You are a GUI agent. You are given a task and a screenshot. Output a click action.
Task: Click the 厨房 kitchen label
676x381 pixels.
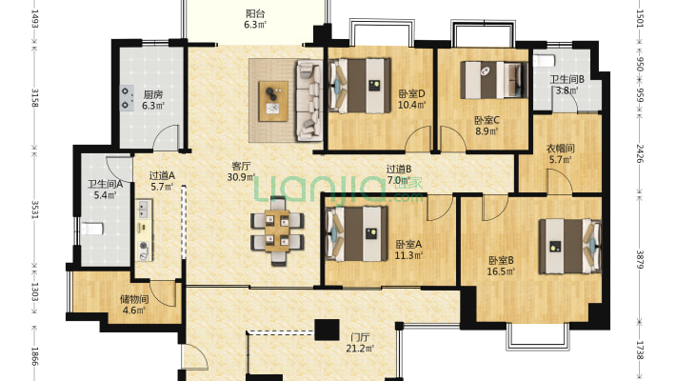tap(153, 94)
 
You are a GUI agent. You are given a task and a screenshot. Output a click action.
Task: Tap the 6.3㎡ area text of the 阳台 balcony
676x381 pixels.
tap(255, 25)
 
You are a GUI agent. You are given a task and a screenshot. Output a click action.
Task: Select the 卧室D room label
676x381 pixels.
tap(411, 93)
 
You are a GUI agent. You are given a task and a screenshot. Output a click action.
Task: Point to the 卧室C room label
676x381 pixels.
tap(487, 120)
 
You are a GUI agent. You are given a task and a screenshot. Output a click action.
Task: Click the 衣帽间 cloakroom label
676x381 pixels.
tap(560, 149)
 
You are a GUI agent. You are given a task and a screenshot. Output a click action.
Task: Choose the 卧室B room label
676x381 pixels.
tap(501, 261)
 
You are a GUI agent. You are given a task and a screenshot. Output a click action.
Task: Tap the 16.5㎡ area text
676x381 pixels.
tap(501, 271)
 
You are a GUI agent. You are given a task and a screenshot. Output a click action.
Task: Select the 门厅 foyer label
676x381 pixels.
tap(360, 337)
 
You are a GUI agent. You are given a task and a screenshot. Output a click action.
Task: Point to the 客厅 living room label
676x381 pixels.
tap(242, 166)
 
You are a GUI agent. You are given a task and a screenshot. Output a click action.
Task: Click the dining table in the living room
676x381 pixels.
tap(277, 231)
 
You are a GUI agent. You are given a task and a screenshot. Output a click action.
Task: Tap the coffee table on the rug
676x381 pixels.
tap(273, 101)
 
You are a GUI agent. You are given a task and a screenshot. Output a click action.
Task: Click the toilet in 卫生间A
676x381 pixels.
tap(92, 229)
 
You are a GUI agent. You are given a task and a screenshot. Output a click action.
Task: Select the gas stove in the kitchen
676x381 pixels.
tap(127, 98)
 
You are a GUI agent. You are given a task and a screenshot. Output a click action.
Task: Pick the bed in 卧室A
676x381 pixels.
tap(356, 234)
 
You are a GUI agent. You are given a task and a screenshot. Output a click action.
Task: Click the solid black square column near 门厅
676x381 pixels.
tap(327, 331)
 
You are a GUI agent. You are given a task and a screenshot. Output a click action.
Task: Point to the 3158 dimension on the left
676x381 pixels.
tap(35, 98)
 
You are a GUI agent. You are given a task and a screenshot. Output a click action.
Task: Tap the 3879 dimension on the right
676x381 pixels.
tap(640, 259)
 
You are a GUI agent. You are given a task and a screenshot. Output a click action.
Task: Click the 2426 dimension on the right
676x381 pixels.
tap(640, 153)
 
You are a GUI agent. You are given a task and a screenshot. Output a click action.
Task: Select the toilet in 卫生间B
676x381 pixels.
tap(543, 61)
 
